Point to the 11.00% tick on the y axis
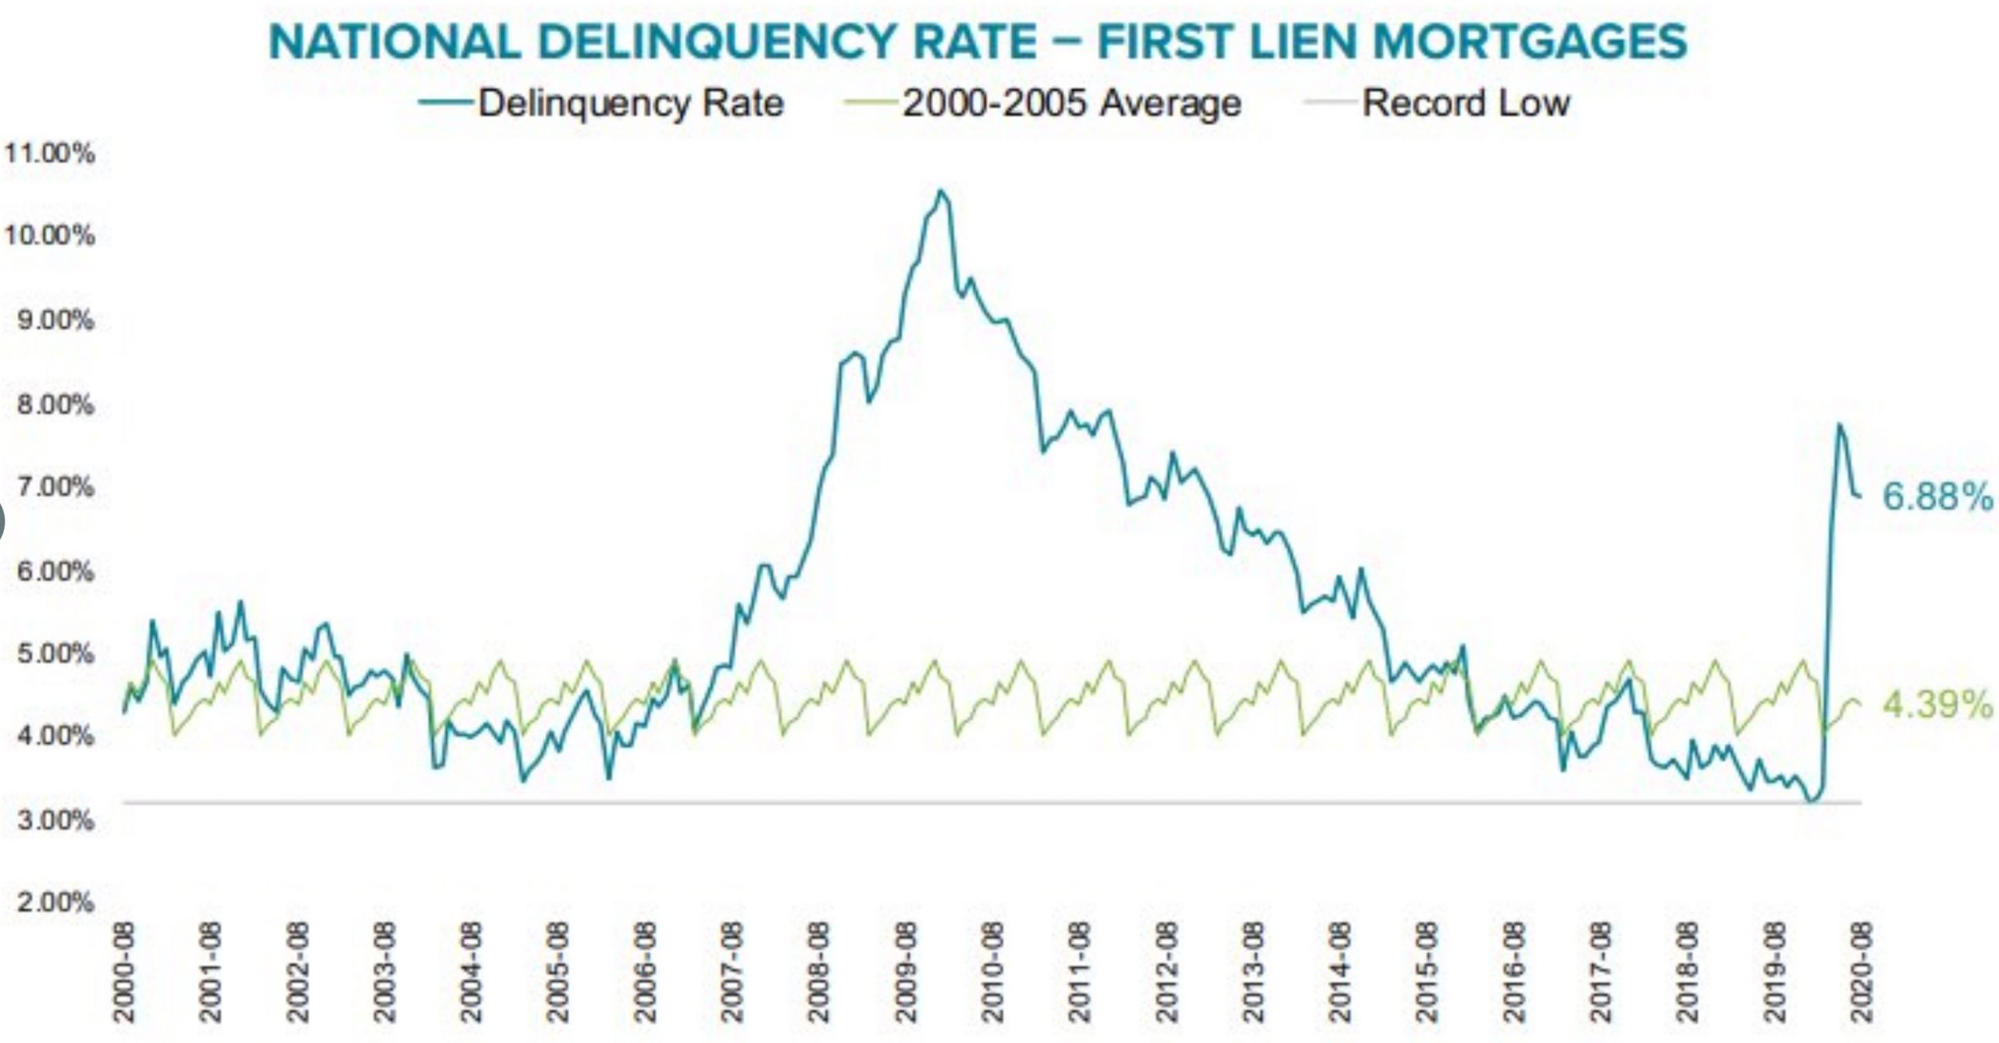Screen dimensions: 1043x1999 pos(50,154)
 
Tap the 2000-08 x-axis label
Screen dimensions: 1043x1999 pos(125,972)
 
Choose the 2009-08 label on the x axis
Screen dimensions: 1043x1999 pos(906,972)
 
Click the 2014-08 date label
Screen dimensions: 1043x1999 pos(1340,972)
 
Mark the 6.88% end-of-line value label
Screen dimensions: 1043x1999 pos(1937,497)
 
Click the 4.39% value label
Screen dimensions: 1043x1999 pos(1937,705)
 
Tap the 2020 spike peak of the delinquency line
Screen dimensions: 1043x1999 pos(1840,425)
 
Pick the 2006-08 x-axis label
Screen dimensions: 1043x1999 pos(645,972)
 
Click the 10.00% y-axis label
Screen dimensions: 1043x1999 pos(50,235)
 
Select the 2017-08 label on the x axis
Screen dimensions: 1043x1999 pos(1601,972)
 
